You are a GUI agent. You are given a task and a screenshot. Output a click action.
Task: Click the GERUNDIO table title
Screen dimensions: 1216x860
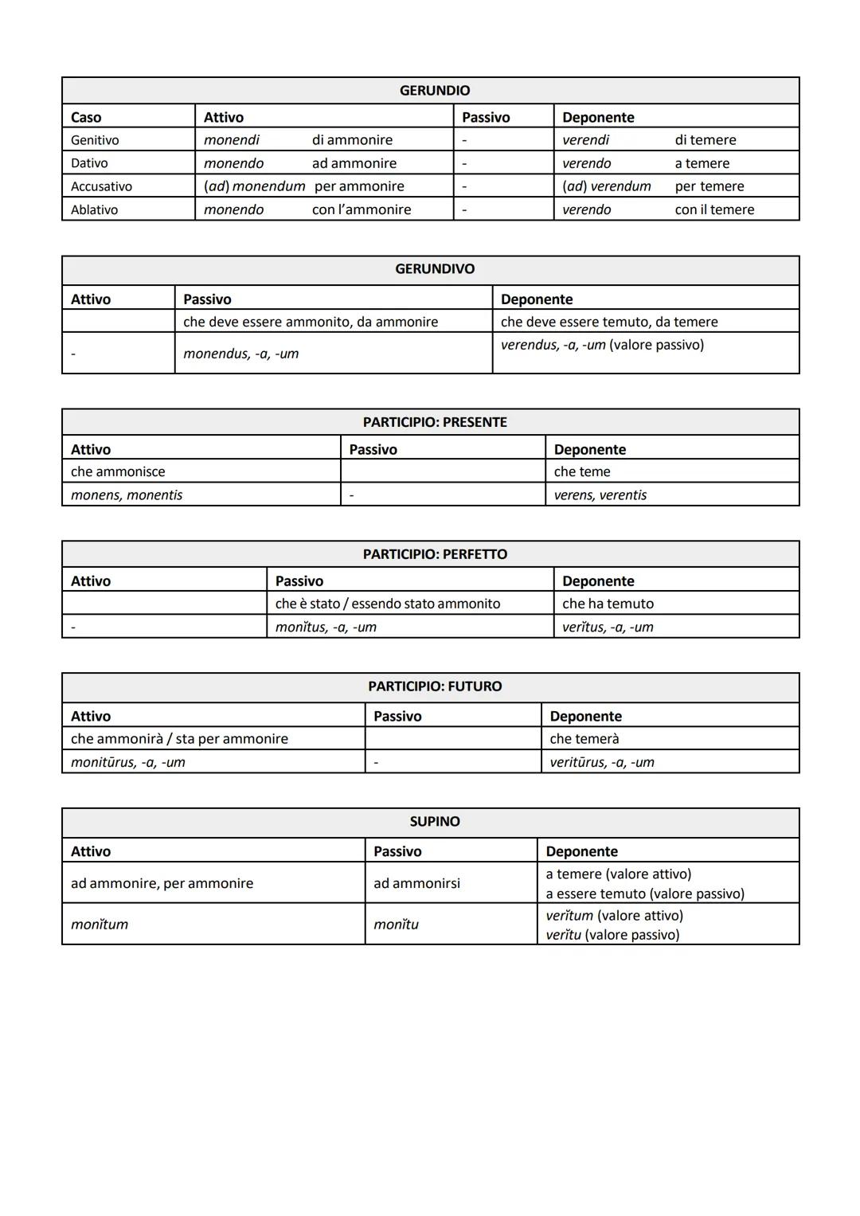(434, 91)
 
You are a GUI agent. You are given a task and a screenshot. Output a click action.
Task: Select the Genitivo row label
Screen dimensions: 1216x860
(95, 140)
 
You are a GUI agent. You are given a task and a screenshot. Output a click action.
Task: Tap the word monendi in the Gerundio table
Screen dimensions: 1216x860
(231, 140)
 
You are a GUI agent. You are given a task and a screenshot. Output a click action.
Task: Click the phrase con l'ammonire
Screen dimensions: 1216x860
(362, 209)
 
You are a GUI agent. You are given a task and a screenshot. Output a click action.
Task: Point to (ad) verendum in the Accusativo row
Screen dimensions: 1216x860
(606, 186)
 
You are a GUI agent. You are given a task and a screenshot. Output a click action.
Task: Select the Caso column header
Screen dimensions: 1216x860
(86, 117)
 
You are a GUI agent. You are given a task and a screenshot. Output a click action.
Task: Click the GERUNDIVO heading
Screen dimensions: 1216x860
(434, 269)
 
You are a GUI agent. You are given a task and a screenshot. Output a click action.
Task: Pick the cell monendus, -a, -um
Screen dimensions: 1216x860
(240, 354)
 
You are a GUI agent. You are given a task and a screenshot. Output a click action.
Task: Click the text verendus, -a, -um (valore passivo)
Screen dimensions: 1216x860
(602, 345)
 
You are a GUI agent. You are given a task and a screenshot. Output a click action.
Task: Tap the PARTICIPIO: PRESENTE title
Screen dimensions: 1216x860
(434, 422)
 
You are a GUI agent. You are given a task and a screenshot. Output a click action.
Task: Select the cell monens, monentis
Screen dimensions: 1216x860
(127, 495)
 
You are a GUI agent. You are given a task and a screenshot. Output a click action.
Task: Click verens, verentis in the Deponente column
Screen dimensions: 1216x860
(600, 495)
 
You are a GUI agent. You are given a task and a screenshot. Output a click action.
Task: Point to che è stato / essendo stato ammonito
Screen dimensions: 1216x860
(388, 604)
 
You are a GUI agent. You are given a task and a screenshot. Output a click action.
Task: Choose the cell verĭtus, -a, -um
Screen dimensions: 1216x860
(607, 627)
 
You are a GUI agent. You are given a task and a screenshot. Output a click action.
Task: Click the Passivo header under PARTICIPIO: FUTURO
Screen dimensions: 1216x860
(397, 716)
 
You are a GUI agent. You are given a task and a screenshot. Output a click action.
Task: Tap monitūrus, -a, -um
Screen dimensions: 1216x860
(127, 762)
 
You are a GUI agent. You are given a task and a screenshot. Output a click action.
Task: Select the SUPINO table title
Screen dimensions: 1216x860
(434, 821)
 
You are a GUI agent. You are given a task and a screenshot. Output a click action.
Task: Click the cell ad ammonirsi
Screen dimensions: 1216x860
(416, 883)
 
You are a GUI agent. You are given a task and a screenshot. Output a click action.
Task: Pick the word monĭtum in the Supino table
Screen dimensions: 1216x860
(100, 925)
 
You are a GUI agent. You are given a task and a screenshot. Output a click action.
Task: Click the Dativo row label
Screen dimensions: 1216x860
(89, 163)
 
